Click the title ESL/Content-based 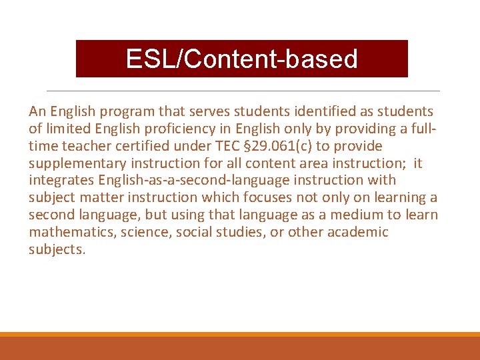click(241, 59)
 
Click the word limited click(67, 129)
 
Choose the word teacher click(82, 146)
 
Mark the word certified click(135, 146)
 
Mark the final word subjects click(57, 250)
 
